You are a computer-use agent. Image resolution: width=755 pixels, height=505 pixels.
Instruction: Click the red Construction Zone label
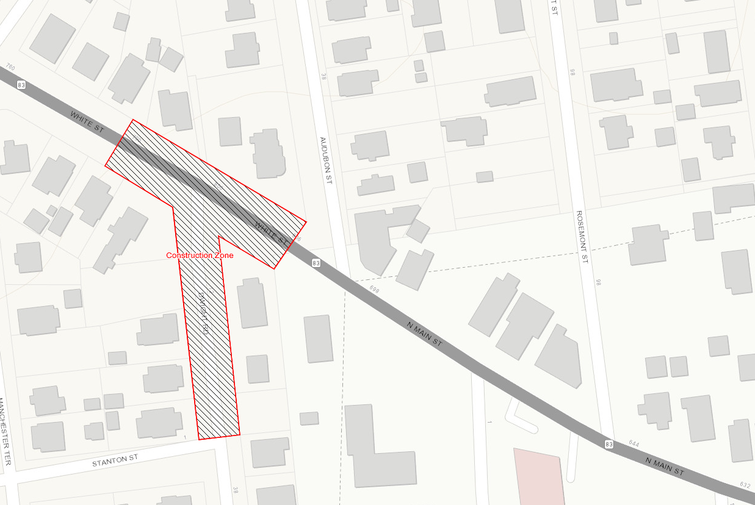tap(200, 256)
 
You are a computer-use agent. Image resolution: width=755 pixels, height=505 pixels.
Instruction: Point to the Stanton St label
tap(115, 459)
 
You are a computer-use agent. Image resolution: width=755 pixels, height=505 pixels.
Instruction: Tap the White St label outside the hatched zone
tap(88, 123)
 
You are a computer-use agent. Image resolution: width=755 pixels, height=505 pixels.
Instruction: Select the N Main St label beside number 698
tap(424, 333)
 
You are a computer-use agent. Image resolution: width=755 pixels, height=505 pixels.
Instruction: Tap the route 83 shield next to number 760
tap(22, 85)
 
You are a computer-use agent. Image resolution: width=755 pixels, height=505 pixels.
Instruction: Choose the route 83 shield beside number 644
tap(609, 444)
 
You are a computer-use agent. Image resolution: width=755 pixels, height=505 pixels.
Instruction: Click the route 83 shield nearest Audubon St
tap(316, 263)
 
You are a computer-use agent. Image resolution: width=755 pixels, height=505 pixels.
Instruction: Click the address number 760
tap(9, 66)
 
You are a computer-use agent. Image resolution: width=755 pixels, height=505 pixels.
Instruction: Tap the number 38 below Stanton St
tap(235, 489)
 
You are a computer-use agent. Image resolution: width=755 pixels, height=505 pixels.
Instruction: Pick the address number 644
tap(633, 444)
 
